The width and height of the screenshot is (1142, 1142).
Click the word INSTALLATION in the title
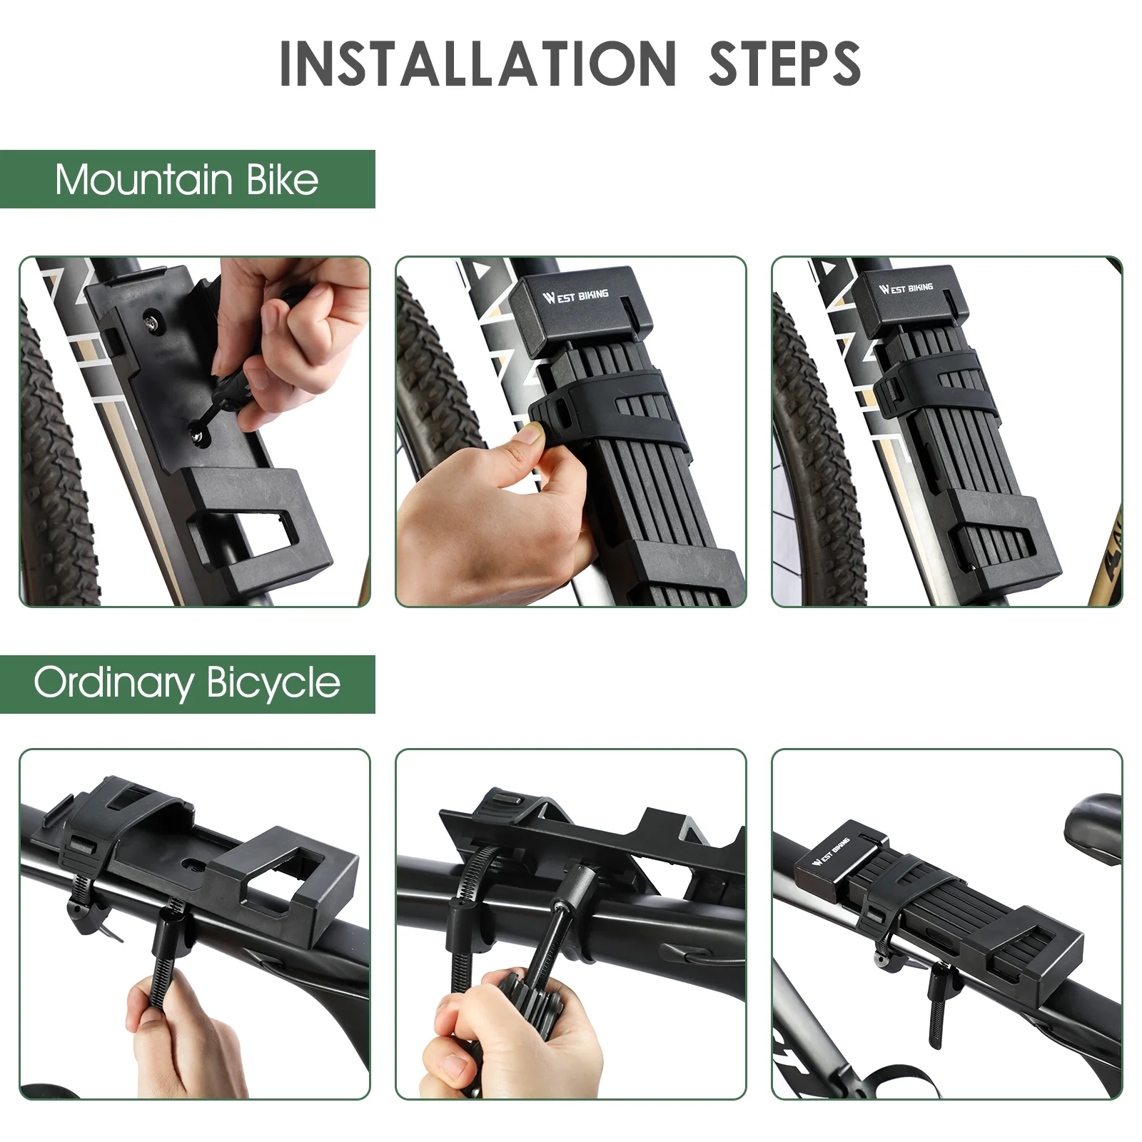tap(477, 64)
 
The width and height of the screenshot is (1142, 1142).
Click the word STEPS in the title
tap(784, 64)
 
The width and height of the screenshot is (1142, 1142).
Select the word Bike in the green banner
tap(283, 179)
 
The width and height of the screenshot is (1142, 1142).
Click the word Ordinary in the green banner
tap(113, 683)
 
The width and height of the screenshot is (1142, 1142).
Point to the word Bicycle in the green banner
tap(274, 683)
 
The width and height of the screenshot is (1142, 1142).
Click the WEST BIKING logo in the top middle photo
tap(575, 295)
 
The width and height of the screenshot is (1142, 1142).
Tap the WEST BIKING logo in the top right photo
tap(906, 288)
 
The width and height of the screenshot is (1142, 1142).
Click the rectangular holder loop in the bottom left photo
tap(285, 885)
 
